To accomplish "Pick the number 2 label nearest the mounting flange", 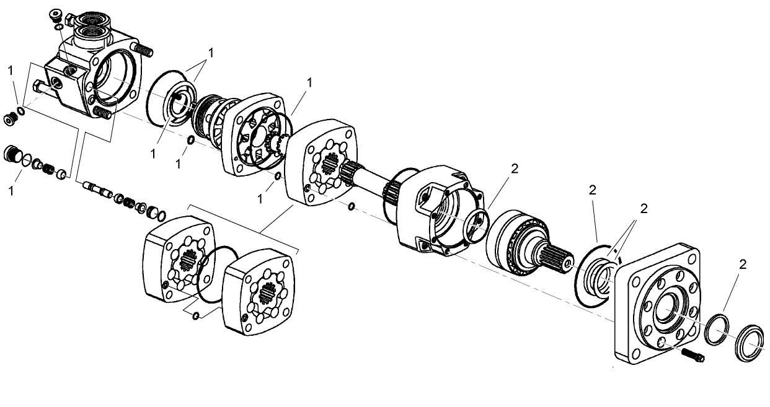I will click(x=743, y=265).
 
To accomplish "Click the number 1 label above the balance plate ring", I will click(x=211, y=53).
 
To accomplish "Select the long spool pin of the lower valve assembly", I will click(x=97, y=188).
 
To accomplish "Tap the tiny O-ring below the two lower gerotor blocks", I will click(x=197, y=317).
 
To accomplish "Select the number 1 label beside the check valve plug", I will click(x=11, y=191).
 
